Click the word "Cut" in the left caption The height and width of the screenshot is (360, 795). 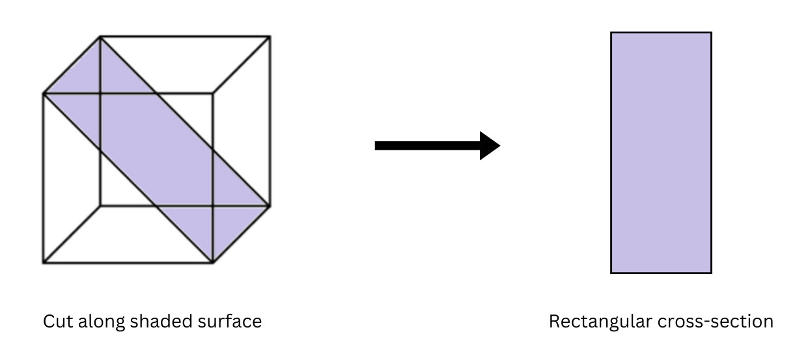[55, 322]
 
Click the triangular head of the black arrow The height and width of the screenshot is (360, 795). [490, 145]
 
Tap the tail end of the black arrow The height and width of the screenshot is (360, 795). [378, 145]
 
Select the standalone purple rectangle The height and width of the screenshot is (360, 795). [661, 153]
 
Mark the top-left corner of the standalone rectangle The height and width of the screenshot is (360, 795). [611, 33]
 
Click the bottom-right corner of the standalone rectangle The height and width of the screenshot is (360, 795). [711, 273]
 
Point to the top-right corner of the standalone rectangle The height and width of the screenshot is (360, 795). [711, 33]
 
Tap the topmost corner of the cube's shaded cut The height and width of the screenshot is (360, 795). [100, 37]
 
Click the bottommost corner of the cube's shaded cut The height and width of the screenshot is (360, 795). [213, 262]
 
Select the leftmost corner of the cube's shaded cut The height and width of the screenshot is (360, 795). [44, 94]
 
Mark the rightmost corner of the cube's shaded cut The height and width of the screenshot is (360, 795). [270, 206]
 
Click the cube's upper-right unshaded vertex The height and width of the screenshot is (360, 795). [270, 37]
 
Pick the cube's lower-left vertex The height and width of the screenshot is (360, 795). [44, 262]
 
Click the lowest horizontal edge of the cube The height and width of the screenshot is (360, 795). [128, 262]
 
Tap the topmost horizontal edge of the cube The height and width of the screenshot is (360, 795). [185, 37]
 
